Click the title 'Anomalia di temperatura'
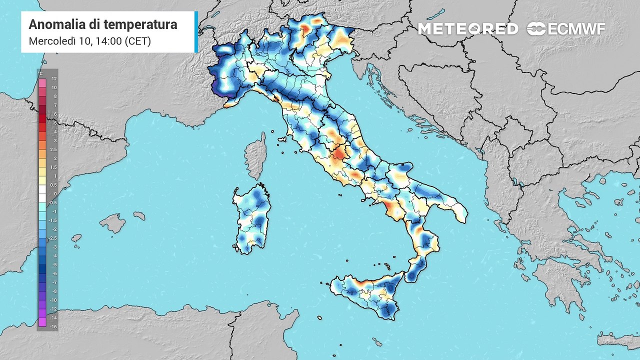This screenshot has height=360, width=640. click(x=103, y=24)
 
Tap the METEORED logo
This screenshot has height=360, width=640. click(x=468, y=29)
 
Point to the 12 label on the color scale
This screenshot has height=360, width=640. click(x=54, y=78)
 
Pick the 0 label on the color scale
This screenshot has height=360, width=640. click(x=54, y=194)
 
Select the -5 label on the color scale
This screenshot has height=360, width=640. click(x=54, y=264)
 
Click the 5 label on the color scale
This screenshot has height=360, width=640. click(x=54, y=122)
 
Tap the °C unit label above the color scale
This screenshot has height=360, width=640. click(x=40, y=73)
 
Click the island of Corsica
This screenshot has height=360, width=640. click(x=256, y=155)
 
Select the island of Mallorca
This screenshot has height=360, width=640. click(x=113, y=223)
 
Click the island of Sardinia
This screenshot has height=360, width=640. click(x=250, y=220)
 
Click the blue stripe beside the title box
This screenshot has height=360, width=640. click(x=196, y=32)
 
